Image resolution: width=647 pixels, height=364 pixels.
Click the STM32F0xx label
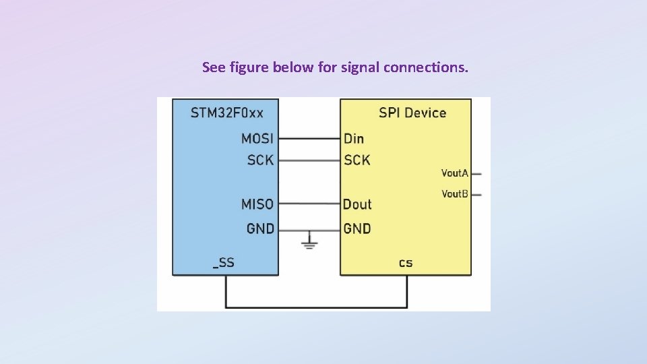click(226, 113)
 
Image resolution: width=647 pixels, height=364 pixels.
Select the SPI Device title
click(412, 113)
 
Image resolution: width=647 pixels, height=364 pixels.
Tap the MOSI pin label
click(257, 139)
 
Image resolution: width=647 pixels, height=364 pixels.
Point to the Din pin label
click(354, 139)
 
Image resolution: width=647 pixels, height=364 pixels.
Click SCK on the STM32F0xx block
click(260, 160)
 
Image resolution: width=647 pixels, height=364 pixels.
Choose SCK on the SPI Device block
click(357, 160)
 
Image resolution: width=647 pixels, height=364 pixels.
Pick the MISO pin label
click(257, 204)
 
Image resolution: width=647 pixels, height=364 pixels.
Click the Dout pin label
click(357, 204)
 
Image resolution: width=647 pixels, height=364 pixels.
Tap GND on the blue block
click(260, 229)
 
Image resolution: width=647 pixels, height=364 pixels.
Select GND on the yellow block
click(357, 229)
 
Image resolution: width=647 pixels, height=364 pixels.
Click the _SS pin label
click(224, 263)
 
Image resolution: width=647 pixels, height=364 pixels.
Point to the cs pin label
click(406, 263)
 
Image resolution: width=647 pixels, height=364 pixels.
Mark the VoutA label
click(454, 173)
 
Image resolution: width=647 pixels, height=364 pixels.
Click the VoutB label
click(454, 194)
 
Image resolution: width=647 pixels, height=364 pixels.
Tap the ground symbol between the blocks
click(309, 241)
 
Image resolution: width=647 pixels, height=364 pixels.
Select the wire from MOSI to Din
click(309, 139)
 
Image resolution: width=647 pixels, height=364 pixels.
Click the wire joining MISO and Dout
click(309, 204)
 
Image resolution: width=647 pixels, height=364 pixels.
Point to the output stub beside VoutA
click(476, 173)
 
